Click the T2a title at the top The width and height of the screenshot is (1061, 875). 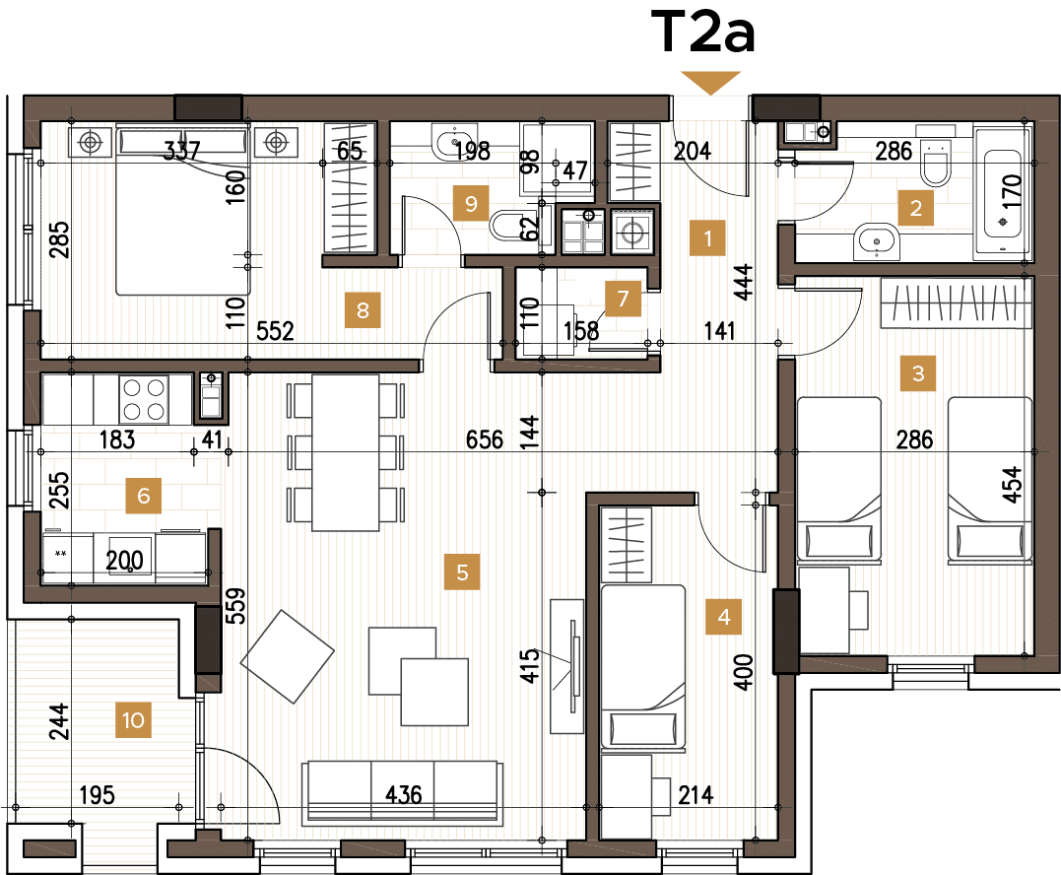pos(702,34)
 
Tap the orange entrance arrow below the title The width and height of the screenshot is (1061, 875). pos(711,84)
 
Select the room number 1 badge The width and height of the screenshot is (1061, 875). pos(707,237)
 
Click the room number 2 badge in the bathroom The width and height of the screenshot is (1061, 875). pos(915,208)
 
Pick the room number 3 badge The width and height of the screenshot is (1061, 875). pos(918,373)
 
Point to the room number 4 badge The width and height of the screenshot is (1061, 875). pos(724,618)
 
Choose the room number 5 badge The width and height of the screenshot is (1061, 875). pos(461,571)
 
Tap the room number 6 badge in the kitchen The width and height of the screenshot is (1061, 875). pos(143,496)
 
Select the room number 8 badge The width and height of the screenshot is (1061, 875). pos(363,310)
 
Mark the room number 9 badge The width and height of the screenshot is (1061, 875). pos(471,204)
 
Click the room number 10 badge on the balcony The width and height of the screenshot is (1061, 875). pos(133,720)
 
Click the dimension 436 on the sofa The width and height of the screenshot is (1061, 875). pos(403,794)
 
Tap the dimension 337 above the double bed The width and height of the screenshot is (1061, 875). pos(181,151)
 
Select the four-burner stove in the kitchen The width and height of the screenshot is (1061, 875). pos(143,399)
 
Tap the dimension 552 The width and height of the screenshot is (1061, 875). pos(275,331)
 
